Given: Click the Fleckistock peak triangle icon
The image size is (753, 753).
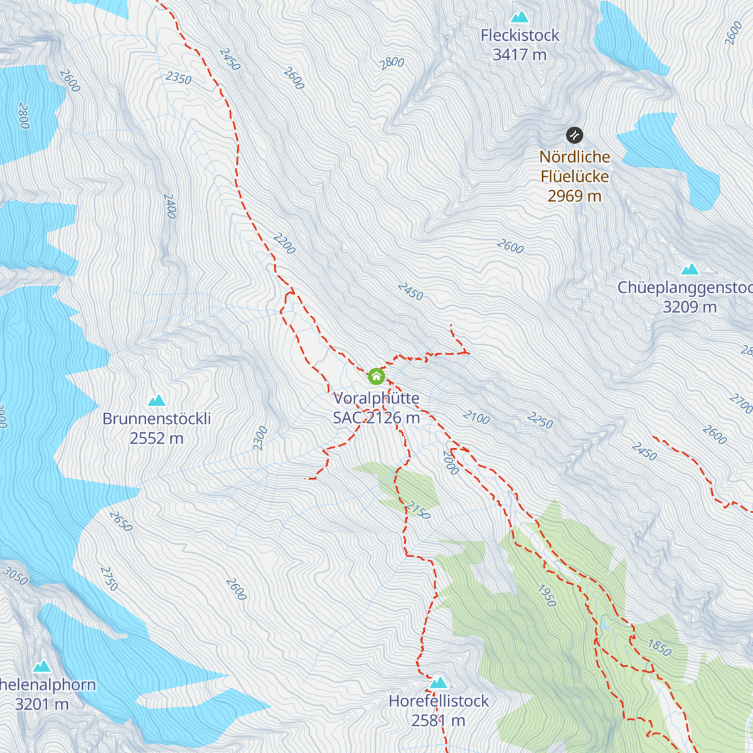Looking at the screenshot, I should click(x=520, y=17).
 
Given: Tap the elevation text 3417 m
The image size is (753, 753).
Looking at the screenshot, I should click(x=520, y=55).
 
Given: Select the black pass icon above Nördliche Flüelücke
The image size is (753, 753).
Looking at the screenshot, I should click(x=574, y=135).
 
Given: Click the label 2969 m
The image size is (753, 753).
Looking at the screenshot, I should click(x=574, y=196).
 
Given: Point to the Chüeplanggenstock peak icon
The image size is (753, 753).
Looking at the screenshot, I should click(x=690, y=270).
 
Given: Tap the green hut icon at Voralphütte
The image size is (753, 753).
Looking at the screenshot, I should click(x=376, y=376).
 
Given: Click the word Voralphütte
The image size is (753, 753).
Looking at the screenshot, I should click(x=376, y=398).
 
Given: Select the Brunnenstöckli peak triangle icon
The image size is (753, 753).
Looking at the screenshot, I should click(x=156, y=400).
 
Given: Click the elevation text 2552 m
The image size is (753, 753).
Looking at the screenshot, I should click(x=156, y=439).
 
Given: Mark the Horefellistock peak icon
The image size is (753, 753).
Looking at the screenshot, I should click(x=439, y=683).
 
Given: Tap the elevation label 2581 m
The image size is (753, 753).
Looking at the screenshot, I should click(x=439, y=721).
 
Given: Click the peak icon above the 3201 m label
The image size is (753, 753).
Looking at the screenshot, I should click(x=42, y=666).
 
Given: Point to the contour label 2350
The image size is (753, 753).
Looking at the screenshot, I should click(x=179, y=78).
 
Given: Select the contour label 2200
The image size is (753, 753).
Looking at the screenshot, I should click(x=284, y=243).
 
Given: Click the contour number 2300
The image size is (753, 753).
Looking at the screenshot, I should click(x=260, y=438).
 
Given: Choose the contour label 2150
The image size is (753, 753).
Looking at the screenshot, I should click(x=418, y=510).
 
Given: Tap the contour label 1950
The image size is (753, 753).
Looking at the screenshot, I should click(x=547, y=596).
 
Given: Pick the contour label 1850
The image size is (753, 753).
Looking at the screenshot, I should click(x=660, y=647).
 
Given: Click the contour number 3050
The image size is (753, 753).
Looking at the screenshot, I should click(x=15, y=575).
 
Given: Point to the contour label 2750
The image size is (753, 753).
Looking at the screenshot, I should click(x=109, y=579).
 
